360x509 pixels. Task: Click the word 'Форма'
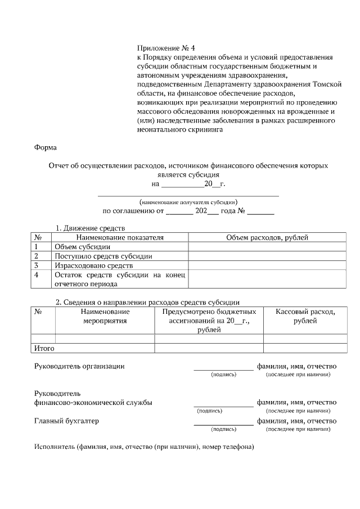tap(46, 147)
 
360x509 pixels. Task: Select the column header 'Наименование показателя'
tap(120, 237)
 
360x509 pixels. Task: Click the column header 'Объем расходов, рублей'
tap(267, 237)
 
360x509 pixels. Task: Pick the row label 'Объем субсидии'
tap(82, 246)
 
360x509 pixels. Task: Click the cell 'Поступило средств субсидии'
tap(103, 256)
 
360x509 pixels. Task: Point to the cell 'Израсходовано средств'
tap(93, 265)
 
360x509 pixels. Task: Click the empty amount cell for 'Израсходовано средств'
tap(267, 265)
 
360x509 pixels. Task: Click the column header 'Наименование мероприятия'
tap(105, 316)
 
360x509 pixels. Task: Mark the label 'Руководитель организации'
tap(79, 366)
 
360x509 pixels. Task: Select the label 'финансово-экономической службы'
tap(93, 402)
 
